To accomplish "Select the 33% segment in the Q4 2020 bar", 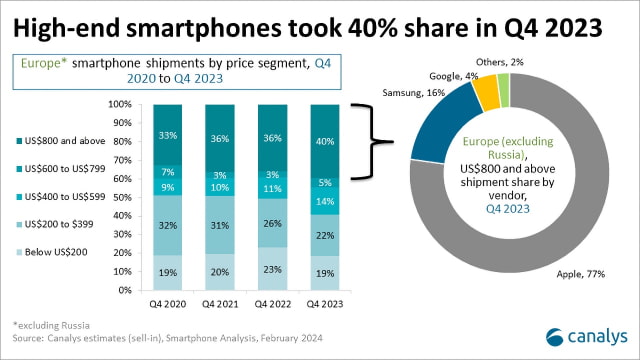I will [x=170, y=134].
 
